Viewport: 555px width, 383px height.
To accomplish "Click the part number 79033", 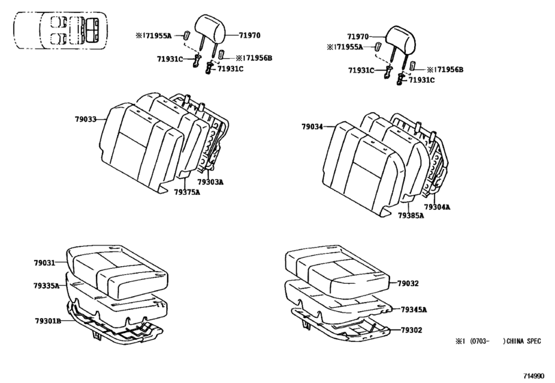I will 86,119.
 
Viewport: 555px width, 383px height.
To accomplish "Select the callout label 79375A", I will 187,192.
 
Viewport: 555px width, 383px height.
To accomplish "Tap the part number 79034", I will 312,127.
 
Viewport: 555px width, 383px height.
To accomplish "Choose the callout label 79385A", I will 411,215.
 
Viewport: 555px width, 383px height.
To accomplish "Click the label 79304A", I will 437,206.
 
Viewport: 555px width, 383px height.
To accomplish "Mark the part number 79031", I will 44,262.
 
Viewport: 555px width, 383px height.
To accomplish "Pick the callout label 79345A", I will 413,309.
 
